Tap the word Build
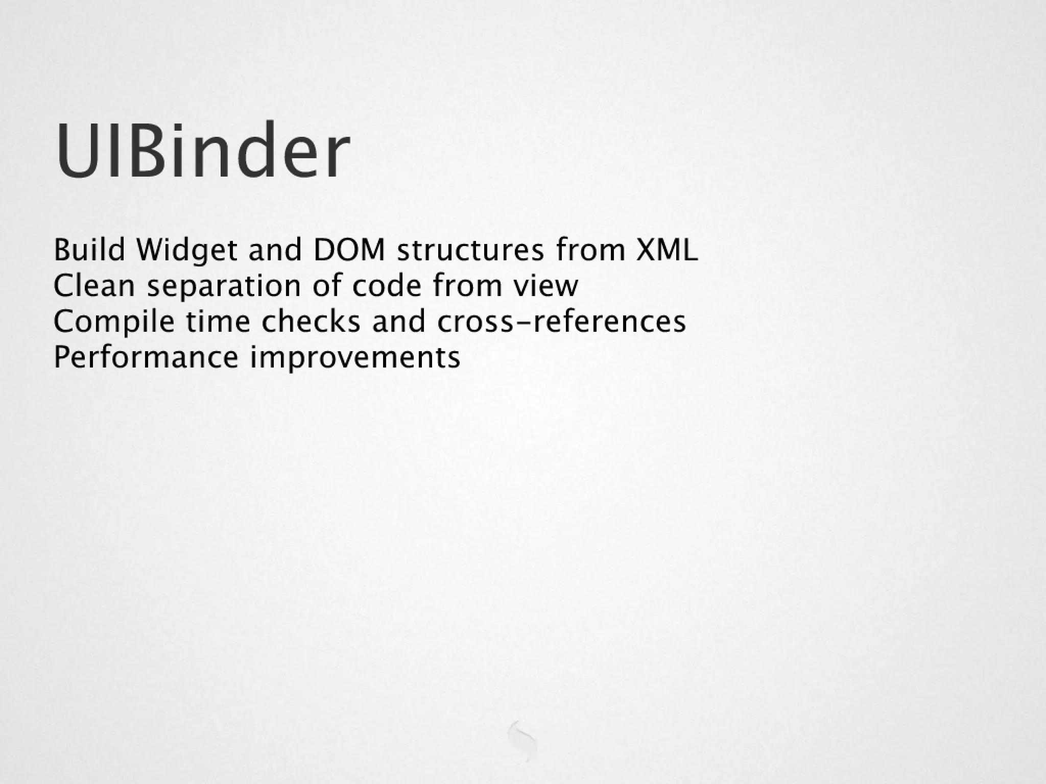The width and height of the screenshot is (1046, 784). pos(89,250)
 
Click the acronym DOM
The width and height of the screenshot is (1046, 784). pos(349,250)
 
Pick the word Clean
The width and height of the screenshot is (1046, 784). pos(94,286)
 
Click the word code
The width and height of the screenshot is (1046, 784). pos(387,286)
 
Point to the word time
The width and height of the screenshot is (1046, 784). pos(218,322)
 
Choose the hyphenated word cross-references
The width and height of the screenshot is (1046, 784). pos(561,322)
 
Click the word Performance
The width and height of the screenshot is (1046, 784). pos(146,357)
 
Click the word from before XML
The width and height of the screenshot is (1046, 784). pos(590,250)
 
